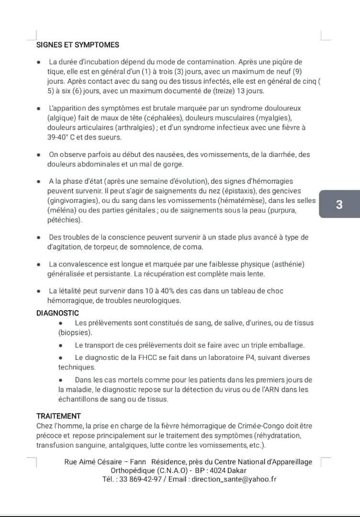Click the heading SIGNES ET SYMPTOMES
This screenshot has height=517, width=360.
coord(78,45)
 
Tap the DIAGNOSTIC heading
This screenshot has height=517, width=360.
coord(57,313)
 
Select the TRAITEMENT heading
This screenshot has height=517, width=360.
coord(58,416)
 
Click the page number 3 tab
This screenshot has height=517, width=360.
coord(339,204)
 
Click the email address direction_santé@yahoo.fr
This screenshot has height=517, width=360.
coord(234,479)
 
